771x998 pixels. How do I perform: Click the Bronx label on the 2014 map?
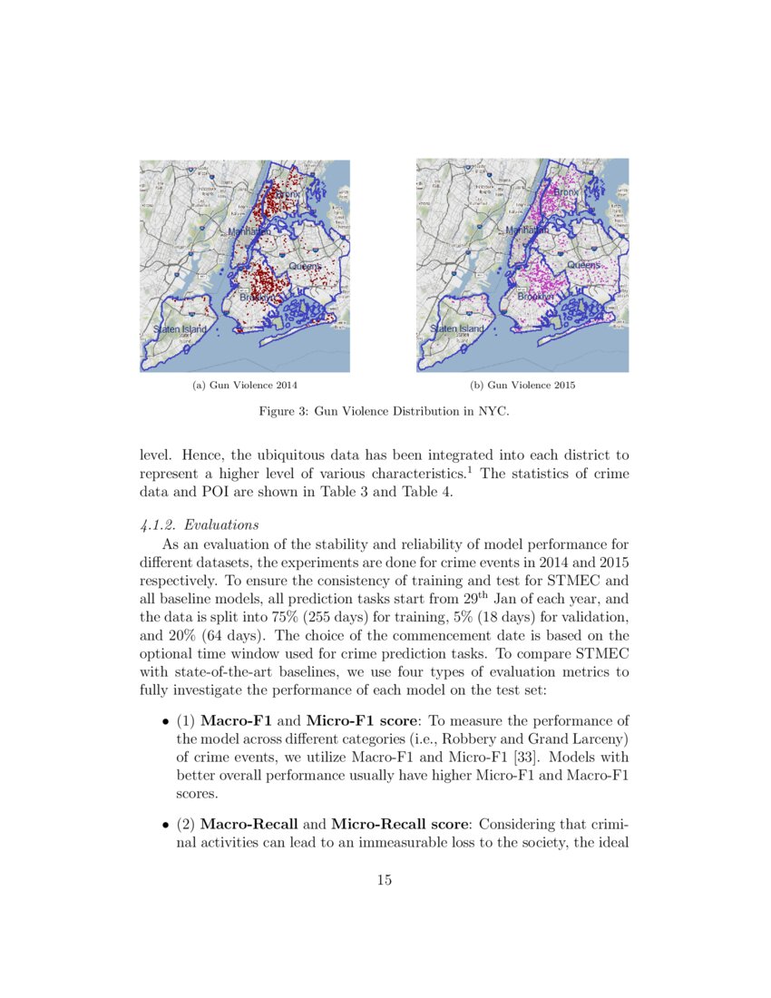(x=287, y=193)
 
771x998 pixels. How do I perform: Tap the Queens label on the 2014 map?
(x=306, y=266)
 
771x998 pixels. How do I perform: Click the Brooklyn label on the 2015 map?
(x=535, y=297)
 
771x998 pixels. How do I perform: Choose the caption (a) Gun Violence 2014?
(x=245, y=386)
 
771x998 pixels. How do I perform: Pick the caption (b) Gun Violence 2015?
(x=522, y=386)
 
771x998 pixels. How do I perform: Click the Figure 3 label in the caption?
(x=282, y=412)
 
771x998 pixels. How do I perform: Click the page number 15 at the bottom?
(x=384, y=879)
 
